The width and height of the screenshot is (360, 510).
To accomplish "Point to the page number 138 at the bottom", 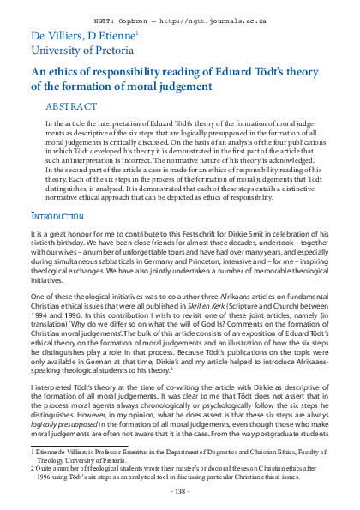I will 180,492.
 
